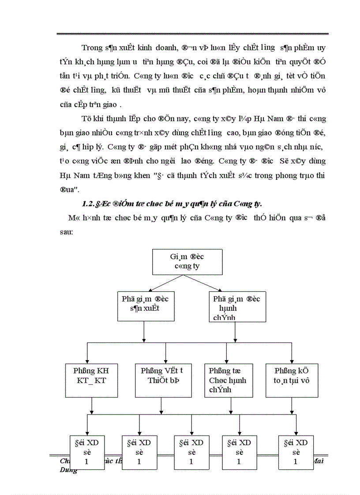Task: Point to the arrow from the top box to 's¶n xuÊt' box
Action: tap(165, 282)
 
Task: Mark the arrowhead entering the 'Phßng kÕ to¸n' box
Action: tap(292, 360)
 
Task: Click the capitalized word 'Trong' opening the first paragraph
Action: tap(91, 47)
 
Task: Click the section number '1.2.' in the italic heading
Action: tap(89, 204)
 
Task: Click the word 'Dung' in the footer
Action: tap(68, 470)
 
